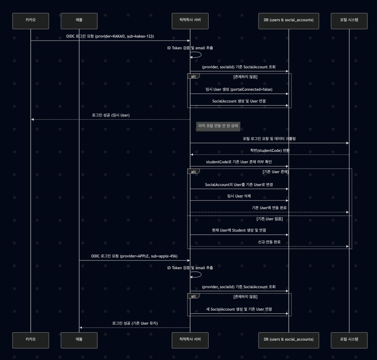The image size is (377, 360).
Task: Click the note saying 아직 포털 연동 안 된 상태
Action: coord(218,125)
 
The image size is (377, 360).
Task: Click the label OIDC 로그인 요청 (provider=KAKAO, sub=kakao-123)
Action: coord(110,36)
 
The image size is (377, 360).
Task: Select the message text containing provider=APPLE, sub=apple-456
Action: coord(134,256)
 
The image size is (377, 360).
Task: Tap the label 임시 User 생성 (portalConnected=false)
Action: coord(239,90)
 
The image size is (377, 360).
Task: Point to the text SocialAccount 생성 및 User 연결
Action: coord(239,101)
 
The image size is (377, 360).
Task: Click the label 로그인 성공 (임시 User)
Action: coord(111,115)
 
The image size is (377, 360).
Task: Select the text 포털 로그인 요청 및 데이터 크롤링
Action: coord(269,139)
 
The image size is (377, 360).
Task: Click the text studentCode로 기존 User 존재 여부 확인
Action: coord(239,162)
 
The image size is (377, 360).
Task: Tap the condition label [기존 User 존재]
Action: coord(275,172)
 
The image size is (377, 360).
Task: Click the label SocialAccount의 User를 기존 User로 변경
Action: coord(239,185)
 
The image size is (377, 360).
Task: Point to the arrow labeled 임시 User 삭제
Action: coord(239,201)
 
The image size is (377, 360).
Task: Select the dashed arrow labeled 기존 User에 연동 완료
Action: coord(269,212)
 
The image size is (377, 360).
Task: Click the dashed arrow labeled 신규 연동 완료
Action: coord(269,246)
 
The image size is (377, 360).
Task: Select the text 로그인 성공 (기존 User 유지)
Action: coord(135,323)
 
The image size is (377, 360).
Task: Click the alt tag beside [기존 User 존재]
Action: coord(193,172)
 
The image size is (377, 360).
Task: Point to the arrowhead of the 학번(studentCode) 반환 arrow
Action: coord(192,155)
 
